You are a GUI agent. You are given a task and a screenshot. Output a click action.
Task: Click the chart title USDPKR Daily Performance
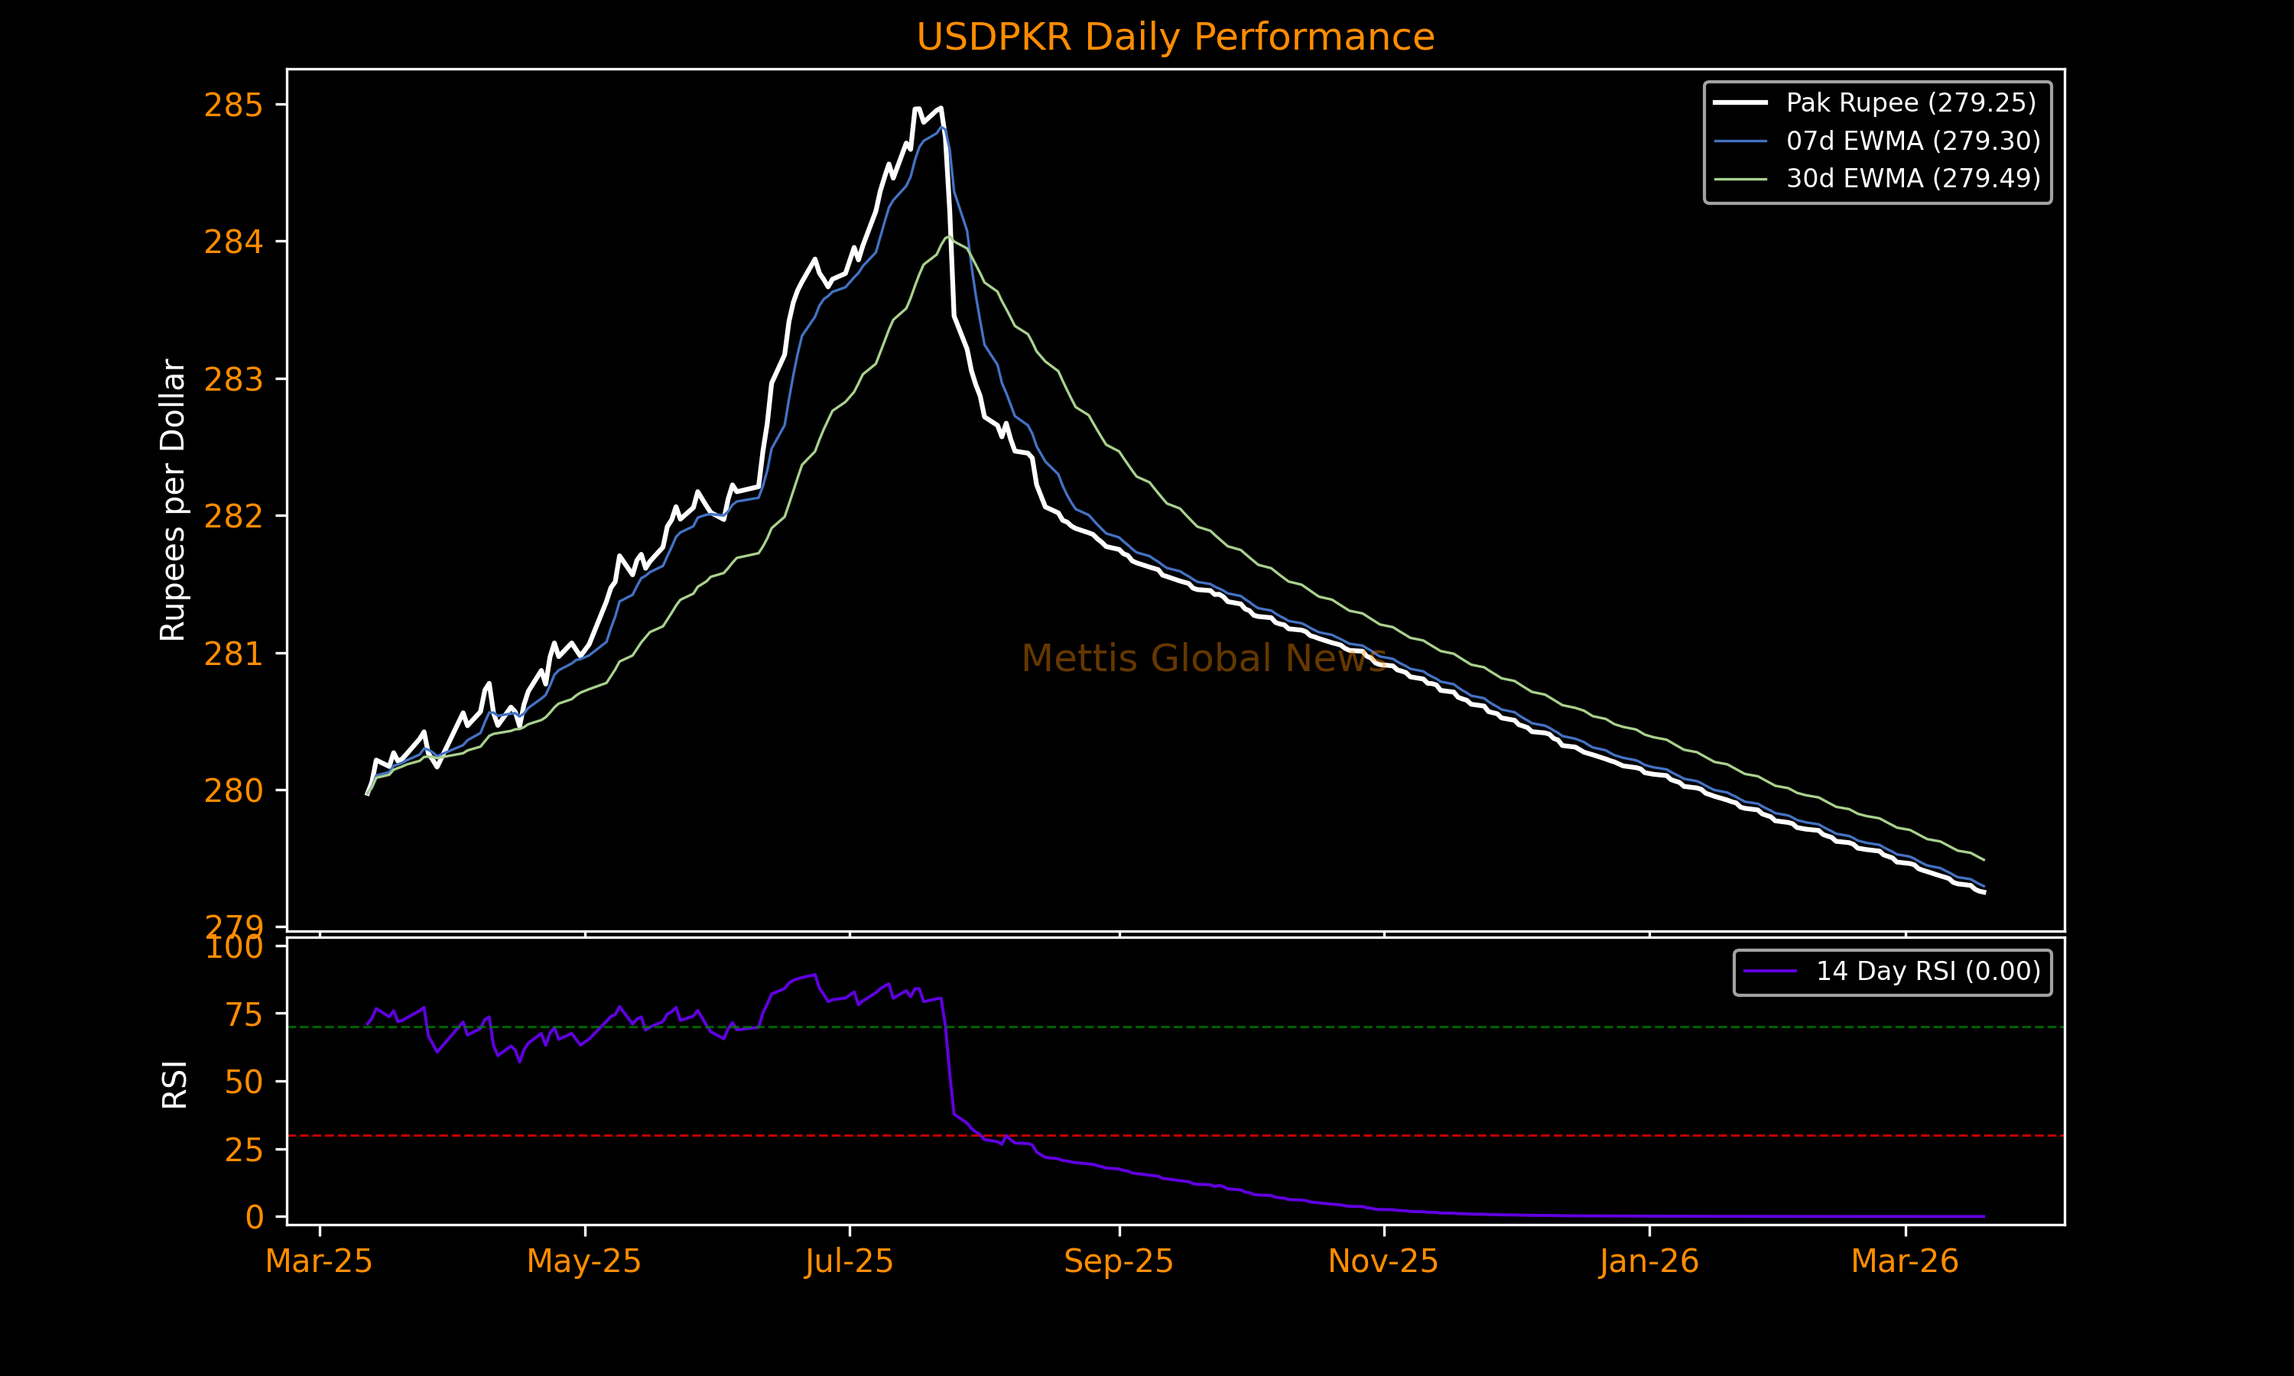pos(1175,37)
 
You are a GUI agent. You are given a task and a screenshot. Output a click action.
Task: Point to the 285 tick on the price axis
pos(232,105)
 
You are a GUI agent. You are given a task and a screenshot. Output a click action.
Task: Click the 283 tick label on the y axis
pos(232,380)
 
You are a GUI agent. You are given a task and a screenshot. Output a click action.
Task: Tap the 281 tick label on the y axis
pos(232,654)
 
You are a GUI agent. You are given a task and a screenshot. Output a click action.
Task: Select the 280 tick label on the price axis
pos(232,791)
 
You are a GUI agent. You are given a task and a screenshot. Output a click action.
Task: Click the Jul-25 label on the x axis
pos(849,1262)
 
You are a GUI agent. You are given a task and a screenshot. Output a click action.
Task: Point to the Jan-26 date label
pos(1649,1262)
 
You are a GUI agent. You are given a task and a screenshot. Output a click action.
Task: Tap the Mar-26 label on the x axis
pos(1905,1262)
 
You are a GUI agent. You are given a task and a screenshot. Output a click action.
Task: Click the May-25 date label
pos(584,1262)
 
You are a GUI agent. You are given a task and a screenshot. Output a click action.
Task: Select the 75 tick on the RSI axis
pos(244,1015)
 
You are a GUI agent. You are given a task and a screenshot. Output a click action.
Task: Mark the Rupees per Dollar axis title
pos(174,500)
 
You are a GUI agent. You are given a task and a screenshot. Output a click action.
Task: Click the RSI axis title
pos(174,1084)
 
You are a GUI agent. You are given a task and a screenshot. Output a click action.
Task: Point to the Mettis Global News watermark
pos(1204,658)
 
